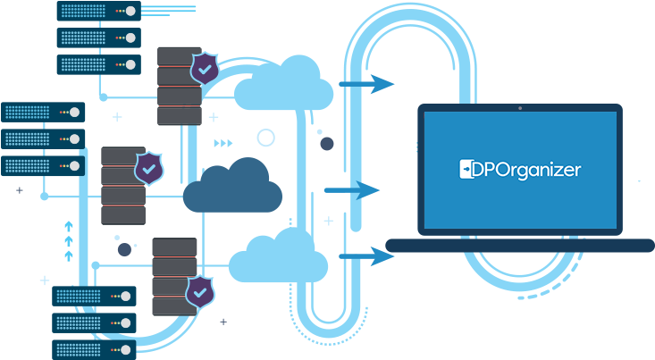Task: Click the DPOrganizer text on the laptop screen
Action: pos(526,169)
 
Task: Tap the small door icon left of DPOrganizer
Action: pos(465,169)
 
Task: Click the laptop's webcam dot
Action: pos(520,109)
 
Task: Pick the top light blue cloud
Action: pos(283,83)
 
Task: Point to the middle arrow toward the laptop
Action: pos(353,190)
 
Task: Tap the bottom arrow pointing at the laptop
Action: pos(367,257)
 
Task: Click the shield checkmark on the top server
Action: pos(206,68)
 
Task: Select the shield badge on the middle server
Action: pos(148,166)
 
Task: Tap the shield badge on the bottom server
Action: pos(199,291)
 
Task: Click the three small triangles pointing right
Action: pos(223,142)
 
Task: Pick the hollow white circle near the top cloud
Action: pos(265,138)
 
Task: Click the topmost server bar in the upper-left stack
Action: pos(98,11)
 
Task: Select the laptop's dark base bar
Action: pos(519,245)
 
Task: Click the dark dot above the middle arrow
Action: pos(327,143)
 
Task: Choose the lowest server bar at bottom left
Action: pos(94,349)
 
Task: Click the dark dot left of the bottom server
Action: pos(124,250)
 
